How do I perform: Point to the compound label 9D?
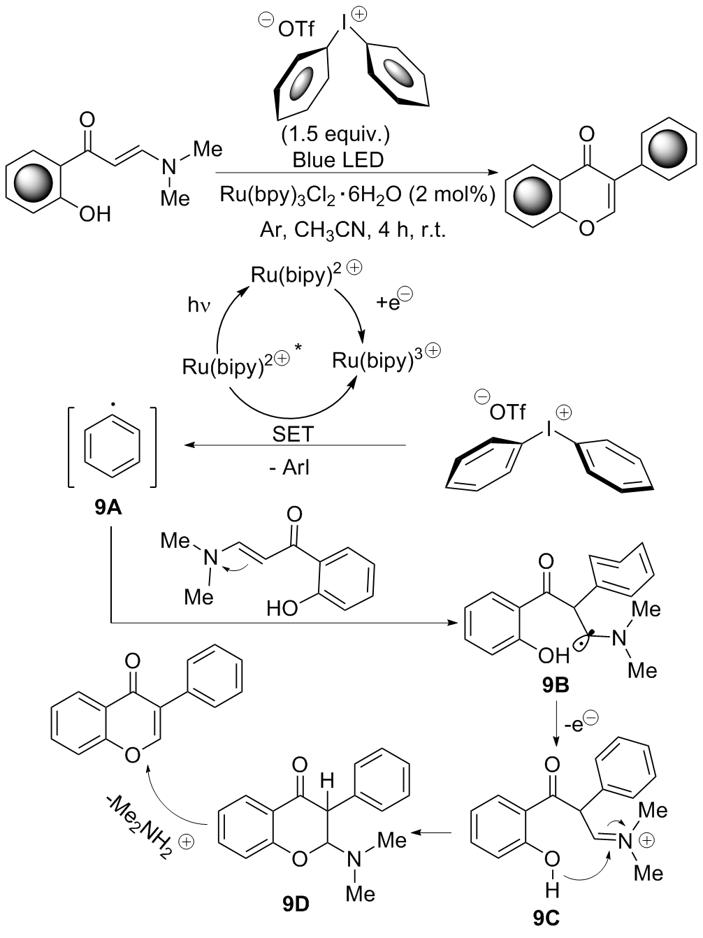tap(296, 904)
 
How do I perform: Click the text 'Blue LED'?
tap(338, 159)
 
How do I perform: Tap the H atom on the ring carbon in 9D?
tap(324, 779)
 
